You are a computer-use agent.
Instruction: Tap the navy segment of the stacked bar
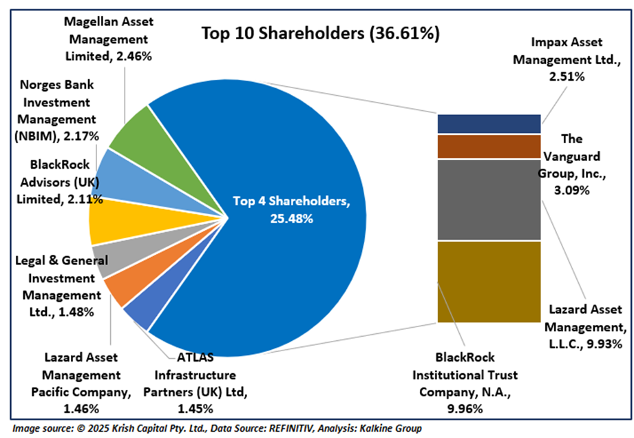[489, 124]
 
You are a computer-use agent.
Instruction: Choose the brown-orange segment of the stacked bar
[489, 146]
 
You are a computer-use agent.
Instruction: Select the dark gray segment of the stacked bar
[489, 200]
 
